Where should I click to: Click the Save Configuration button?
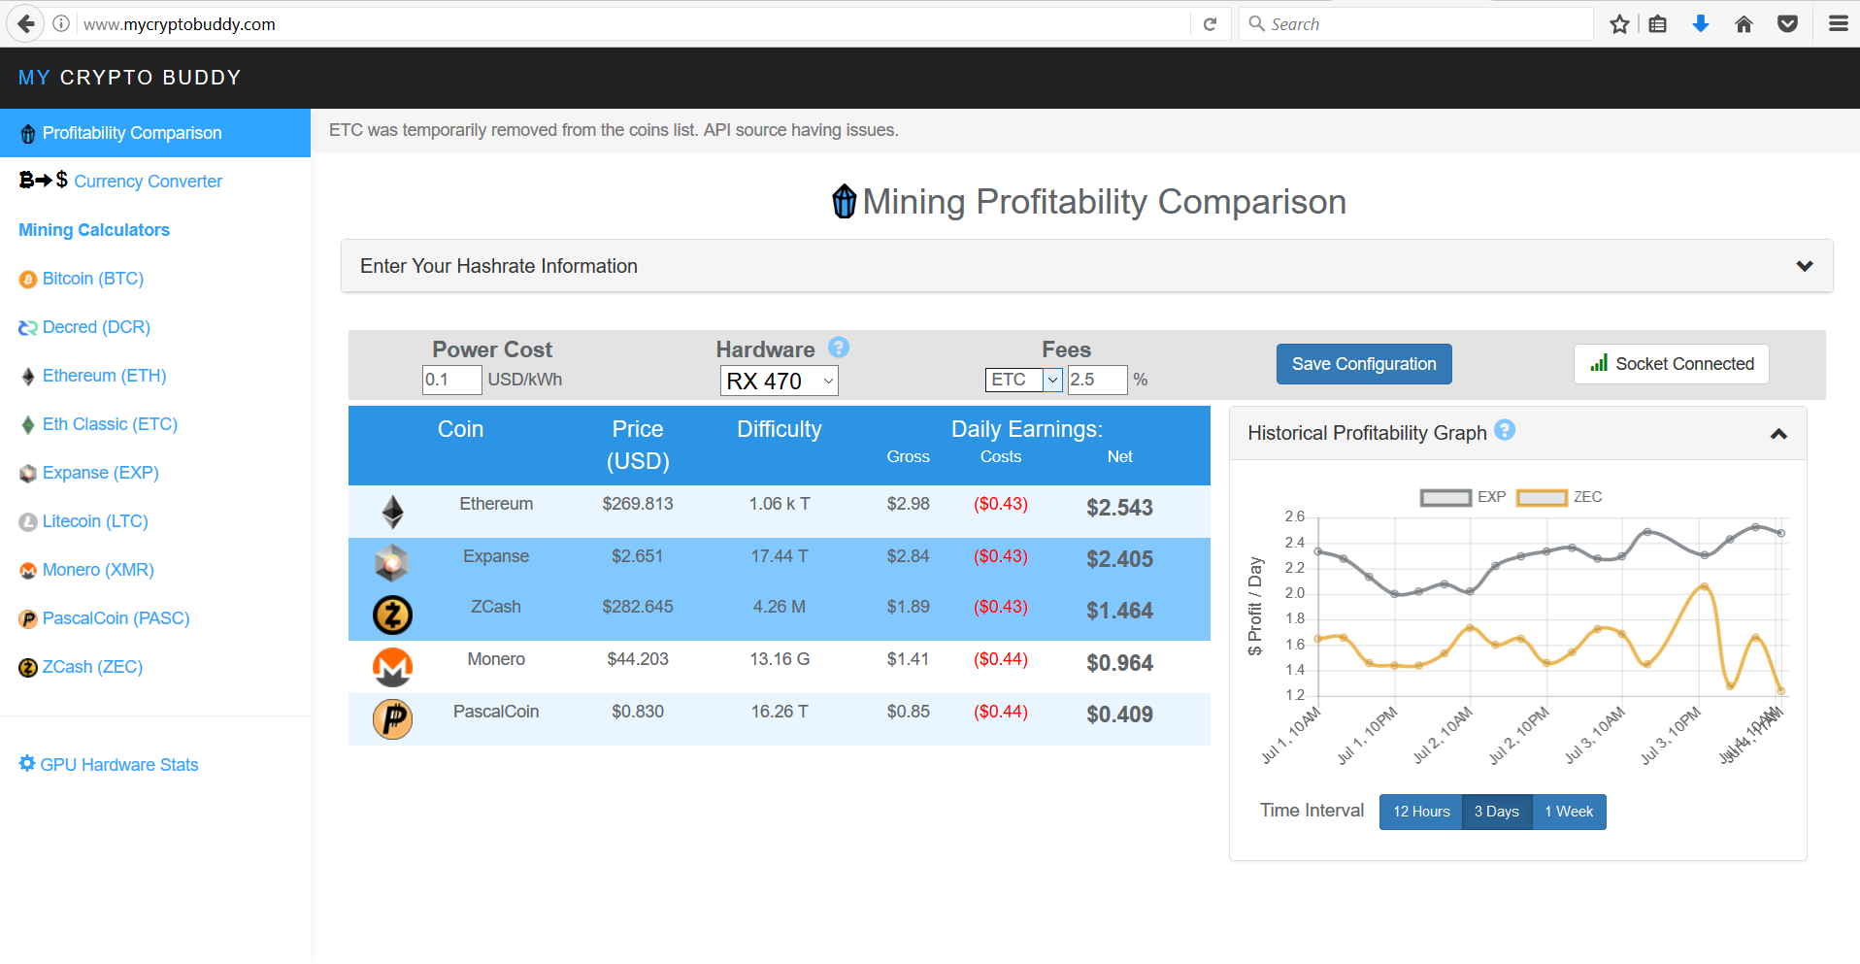point(1363,364)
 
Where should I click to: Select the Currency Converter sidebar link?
point(148,182)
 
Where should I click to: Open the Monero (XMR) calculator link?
point(98,570)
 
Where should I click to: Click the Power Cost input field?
point(451,380)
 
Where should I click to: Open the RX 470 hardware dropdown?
point(779,381)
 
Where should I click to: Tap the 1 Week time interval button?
point(1569,812)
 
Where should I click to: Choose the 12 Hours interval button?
point(1420,812)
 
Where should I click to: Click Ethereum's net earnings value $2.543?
point(1119,508)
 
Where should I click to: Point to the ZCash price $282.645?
point(637,607)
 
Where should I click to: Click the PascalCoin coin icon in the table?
point(392,719)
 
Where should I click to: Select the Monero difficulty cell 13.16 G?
point(779,659)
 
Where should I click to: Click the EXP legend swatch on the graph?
point(1445,498)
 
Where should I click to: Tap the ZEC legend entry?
point(1559,497)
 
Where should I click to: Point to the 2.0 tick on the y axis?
point(1295,593)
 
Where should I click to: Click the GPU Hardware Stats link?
point(118,765)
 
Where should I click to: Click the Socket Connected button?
point(1671,364)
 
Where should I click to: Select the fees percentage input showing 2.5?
point(1096,380)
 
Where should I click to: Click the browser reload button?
point(1210,24)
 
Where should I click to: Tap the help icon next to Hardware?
point(839,348)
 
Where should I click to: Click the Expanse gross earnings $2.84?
point(908,556)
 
